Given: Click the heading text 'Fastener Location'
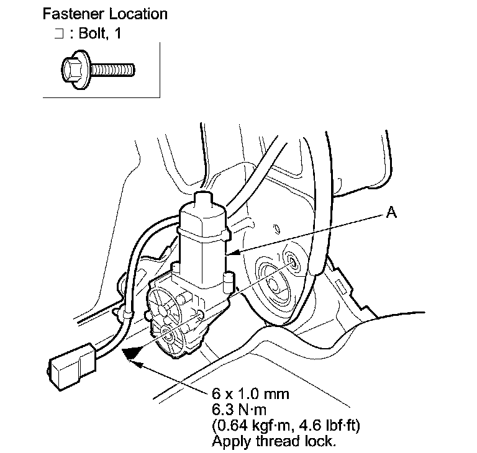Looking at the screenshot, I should click(x=105, y=13).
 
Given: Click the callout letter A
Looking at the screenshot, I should click(x=391, y=212).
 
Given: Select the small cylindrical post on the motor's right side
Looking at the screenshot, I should click(x=227, y=282).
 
